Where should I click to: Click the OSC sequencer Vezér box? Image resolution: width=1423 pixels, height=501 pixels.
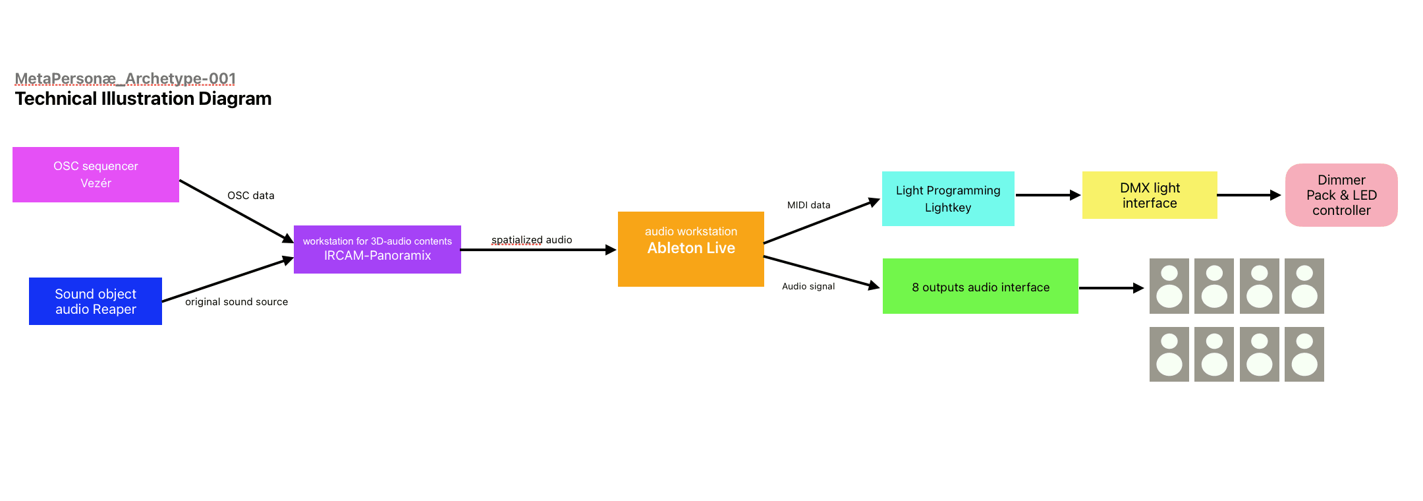click(96, 175)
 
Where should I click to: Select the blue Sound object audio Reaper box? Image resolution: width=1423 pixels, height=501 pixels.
click(96, 301)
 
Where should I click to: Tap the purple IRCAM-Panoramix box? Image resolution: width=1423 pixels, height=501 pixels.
click(377, 249)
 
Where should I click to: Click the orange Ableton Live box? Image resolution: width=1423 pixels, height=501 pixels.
click(690, 249)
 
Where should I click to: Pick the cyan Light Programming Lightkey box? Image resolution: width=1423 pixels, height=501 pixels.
click(947, 198)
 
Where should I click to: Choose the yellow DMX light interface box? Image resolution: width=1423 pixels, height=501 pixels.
click(1149, 195)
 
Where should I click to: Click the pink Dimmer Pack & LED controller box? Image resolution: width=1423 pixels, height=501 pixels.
click(1341, 195)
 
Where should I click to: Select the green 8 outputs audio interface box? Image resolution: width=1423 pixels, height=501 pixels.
click(980, 286)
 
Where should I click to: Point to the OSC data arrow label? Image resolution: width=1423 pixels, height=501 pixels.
click(250, 196)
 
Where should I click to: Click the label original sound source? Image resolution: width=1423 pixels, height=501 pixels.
click(237, 302)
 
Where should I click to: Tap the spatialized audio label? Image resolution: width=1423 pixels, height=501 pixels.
click(532, 240)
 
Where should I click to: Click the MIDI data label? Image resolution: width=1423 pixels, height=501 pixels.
click(808, 205)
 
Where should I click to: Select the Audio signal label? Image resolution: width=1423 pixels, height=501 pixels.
click(808, 286)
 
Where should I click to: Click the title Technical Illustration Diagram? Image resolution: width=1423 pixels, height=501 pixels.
click(143, 99)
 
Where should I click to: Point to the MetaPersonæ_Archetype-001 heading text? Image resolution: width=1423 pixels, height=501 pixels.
click(125, 79)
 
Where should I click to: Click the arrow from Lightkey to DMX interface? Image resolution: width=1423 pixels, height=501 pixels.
click(1047, 195)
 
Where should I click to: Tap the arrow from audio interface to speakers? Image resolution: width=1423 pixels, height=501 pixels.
click(1111, 288)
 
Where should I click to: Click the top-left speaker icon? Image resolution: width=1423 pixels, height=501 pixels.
click(1169, 286)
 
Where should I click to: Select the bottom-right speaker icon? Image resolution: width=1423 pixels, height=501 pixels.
click(1304, 355)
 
